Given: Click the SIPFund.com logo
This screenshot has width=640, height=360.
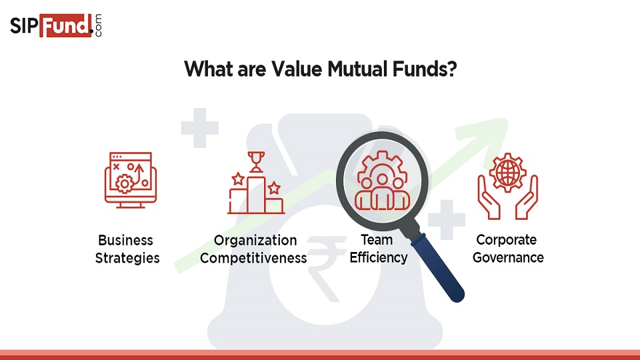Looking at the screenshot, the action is pyautogui.click(x=56, y=26).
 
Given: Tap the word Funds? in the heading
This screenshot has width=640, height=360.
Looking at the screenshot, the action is pyautogui.click(x=425, y=69).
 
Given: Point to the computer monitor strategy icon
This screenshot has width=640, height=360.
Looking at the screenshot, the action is pyautogui.click(x=131, y=180).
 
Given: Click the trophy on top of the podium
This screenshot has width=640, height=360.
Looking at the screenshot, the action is pyautogui.click(x=256, y=161).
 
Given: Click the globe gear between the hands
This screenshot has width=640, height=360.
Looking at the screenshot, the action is pyautogui.click(x=507, y=172).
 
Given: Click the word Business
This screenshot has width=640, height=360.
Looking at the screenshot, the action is pyautogui.click(x=126, y=240).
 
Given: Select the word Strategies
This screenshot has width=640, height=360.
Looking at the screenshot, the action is pyautogui.click(x=127, y=258).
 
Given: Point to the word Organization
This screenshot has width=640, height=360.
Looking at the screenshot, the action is pyautogui.click(x=255, y=241).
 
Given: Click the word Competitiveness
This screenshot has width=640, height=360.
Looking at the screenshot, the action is pyautogui.click(x=253, y=258).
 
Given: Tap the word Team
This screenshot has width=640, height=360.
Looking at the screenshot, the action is pyautogui.click(x=376, y=239).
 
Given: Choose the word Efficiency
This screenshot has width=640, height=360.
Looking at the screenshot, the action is pyautogui.click(x=379, y=257).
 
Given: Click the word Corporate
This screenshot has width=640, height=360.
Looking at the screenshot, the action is pyautogui.click(x=506, y=240).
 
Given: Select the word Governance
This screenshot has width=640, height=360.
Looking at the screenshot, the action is pyautogui.click(x=508, y=257).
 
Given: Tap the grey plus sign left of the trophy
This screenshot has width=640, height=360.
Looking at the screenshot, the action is pyautogui.click(x=199, y=128).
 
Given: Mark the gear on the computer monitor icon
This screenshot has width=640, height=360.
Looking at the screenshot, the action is pyautogui.click(x=125, y=184).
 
